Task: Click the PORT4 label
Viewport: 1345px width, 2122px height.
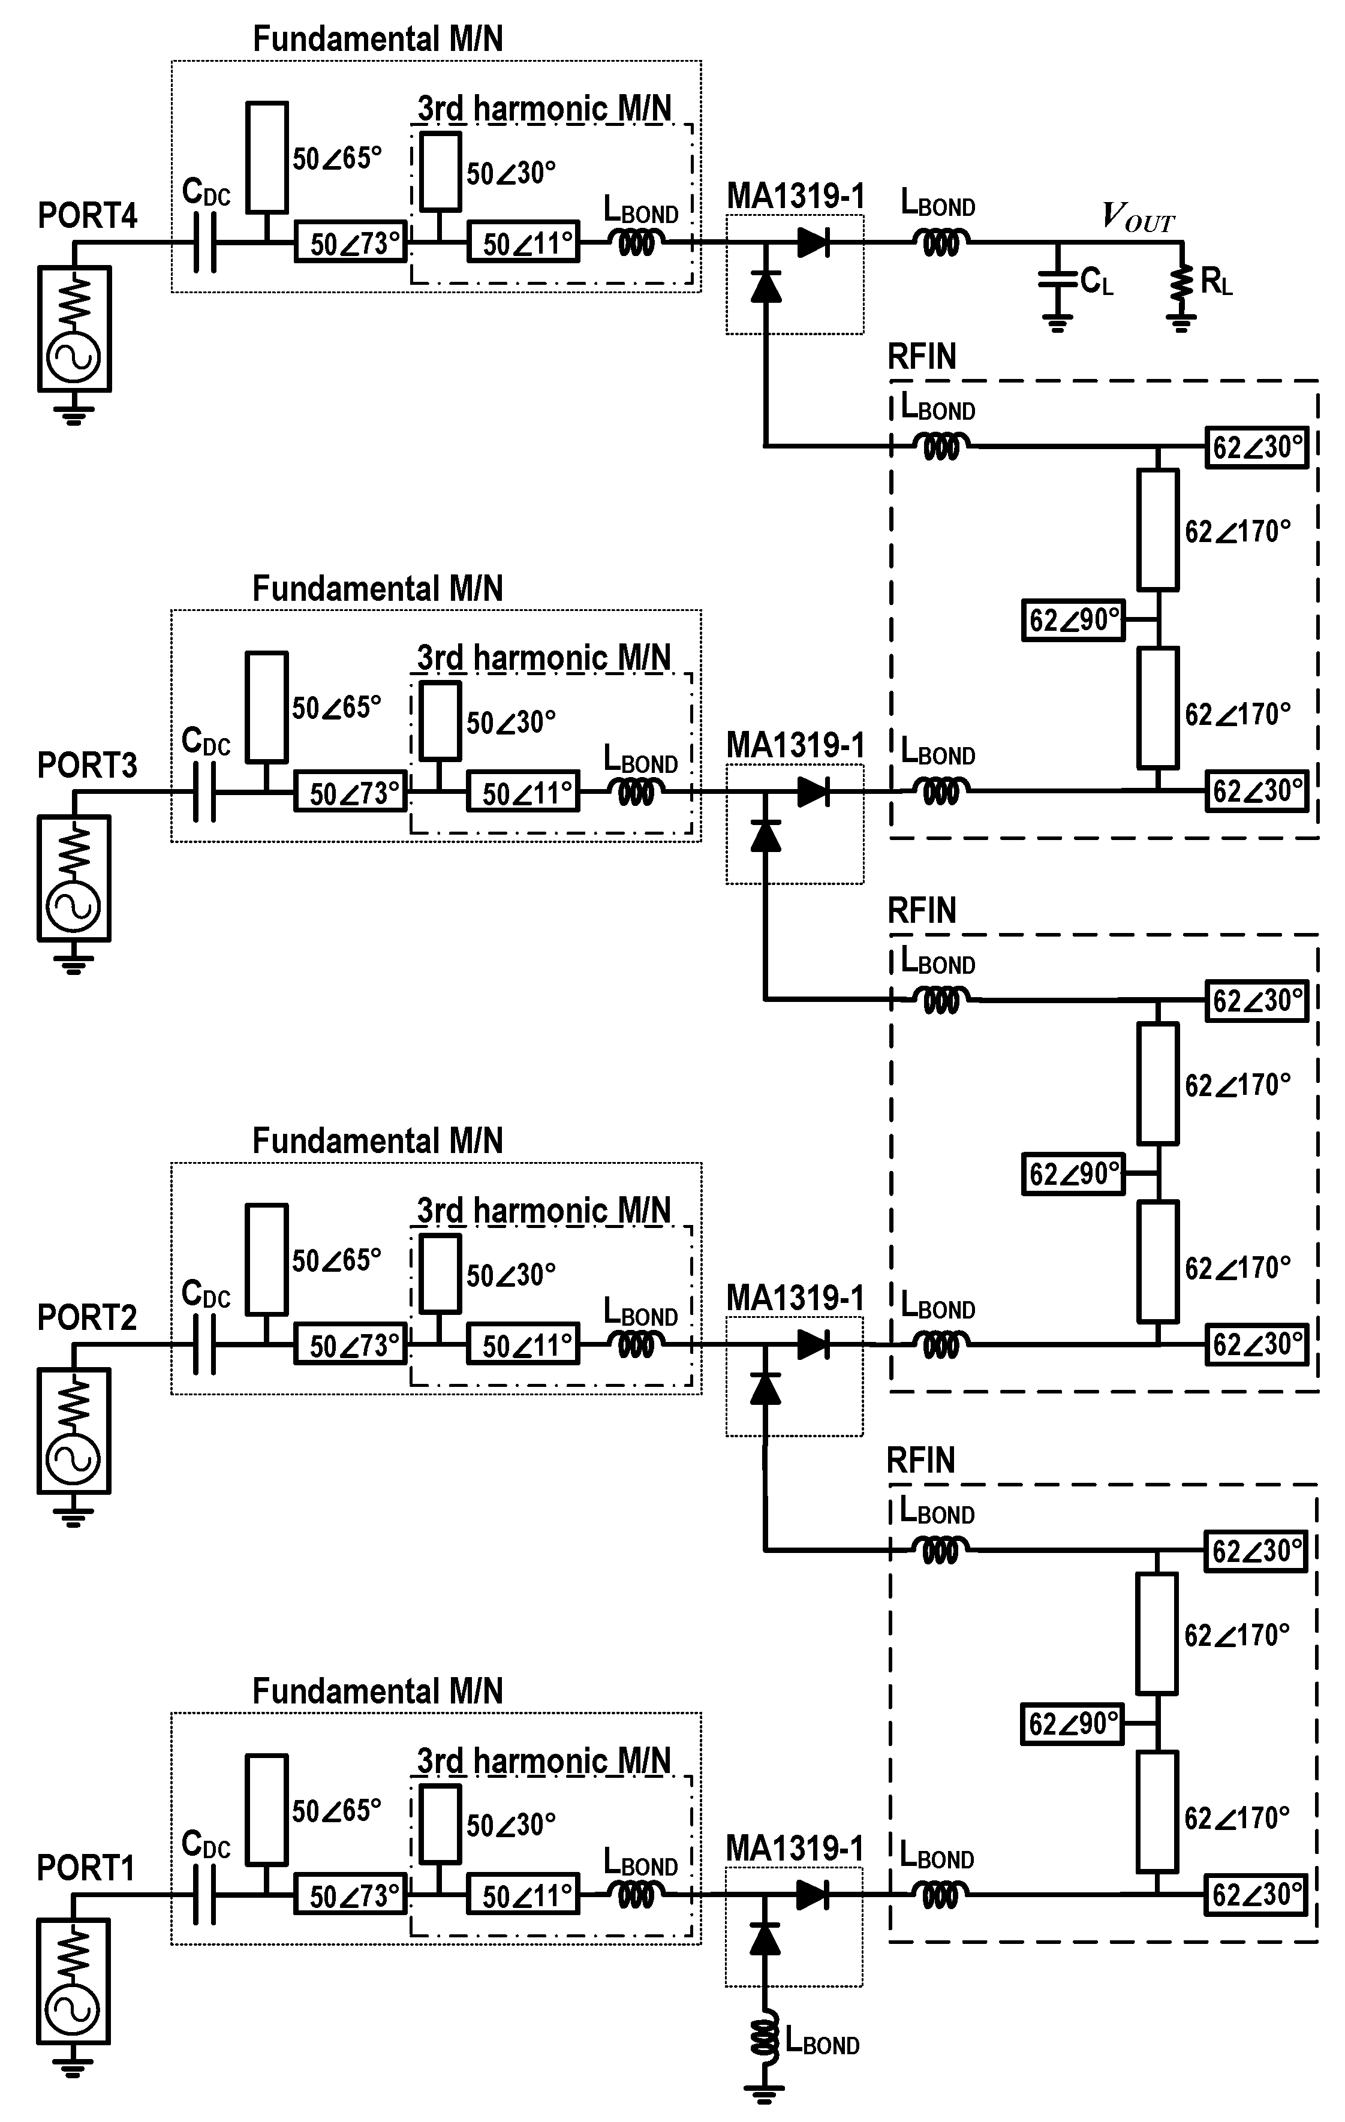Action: [88, 216]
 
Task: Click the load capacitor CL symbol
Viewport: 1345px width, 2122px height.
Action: [1057, 280]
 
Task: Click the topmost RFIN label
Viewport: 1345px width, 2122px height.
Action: [921, 357]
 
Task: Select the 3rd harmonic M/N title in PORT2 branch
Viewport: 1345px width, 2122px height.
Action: [543, 1211]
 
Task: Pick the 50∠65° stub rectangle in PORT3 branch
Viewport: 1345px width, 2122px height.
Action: [266, 707]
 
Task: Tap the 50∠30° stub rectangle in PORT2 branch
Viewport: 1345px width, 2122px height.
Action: [440, 1272]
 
